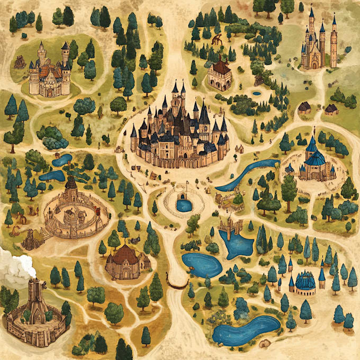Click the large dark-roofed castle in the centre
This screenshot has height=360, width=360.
coord(180,132)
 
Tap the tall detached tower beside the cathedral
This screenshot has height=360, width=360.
coord(334,42)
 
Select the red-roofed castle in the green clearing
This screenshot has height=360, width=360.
coord(50,71)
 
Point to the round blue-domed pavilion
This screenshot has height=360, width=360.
coord(305,284)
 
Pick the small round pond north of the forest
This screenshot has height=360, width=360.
coord(257,93)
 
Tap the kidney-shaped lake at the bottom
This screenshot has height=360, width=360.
coord(246,331)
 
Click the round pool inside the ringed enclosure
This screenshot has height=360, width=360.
coord(184,204)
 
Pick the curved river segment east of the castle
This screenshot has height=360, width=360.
coord(246,175)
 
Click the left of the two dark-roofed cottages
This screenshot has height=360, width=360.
coord(304,108)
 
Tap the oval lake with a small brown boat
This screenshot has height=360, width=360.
coord(201,265)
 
